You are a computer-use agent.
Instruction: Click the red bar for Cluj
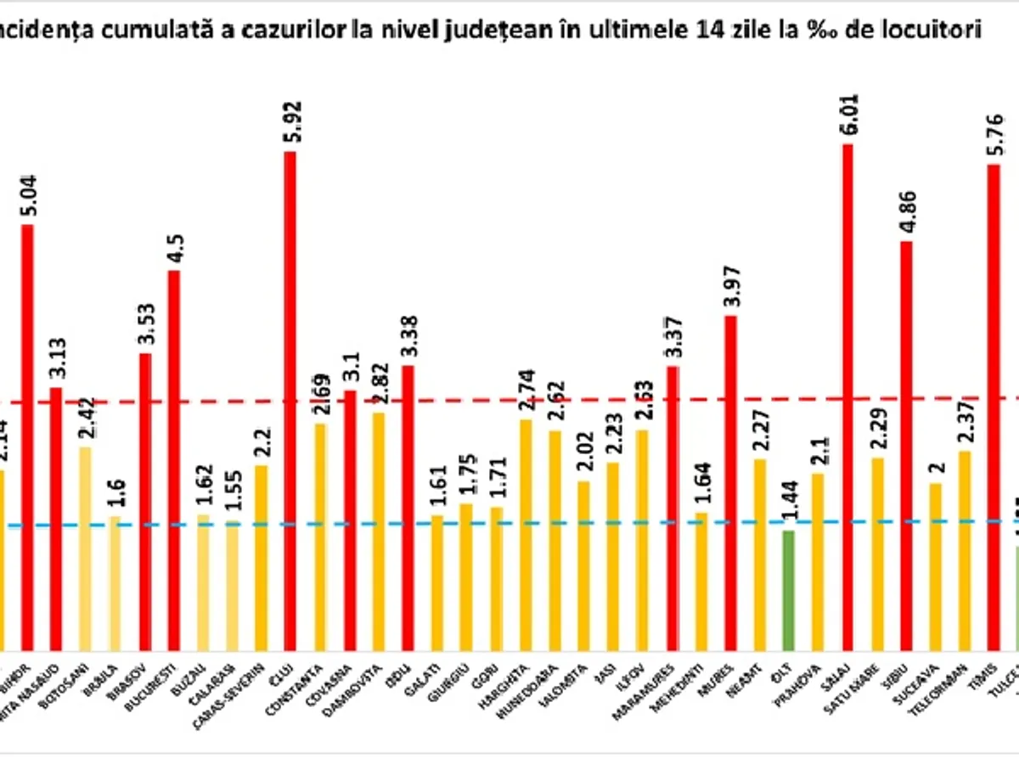pos(290,399)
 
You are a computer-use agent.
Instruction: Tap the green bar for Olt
pos(788,589)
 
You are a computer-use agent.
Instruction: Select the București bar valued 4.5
pos(174,458)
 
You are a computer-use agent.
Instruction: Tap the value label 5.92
pos(291,125)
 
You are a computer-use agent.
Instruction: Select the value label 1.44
pos(789,507)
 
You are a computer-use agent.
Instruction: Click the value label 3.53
pos(145,325)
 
